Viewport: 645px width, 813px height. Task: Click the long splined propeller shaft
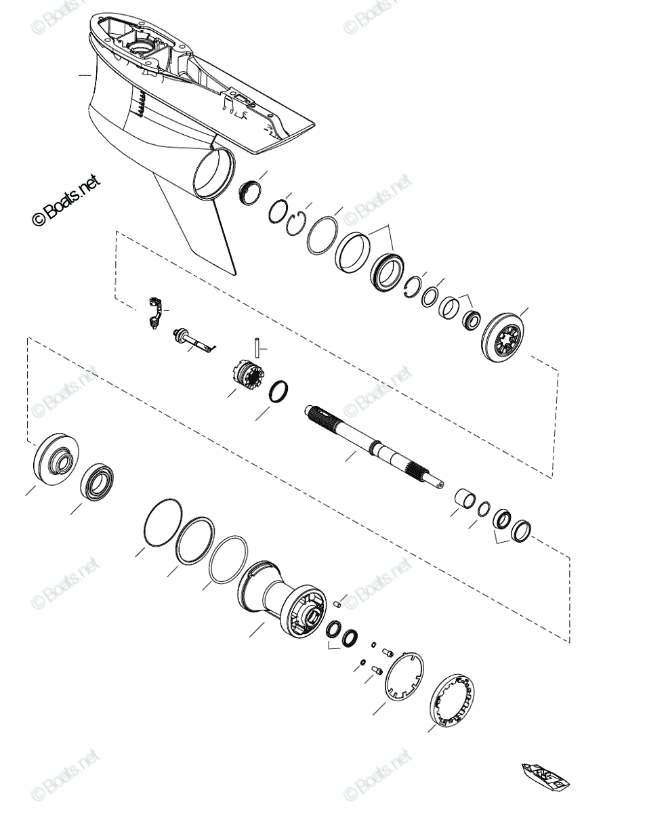[373, 444]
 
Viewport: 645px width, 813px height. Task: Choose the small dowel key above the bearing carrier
[341, 602]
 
